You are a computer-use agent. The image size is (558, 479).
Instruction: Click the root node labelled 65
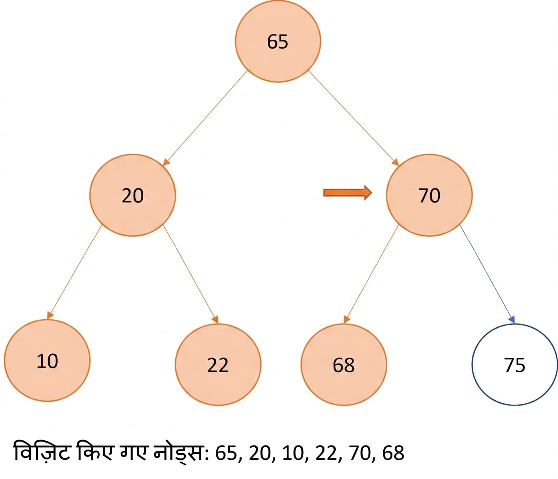278,41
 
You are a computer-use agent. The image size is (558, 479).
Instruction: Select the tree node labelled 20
132,195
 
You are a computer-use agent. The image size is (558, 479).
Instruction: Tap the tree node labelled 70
429,195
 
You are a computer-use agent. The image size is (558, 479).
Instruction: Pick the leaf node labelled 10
47,360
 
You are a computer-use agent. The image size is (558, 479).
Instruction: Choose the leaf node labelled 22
218,364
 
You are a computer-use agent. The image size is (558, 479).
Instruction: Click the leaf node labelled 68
344,364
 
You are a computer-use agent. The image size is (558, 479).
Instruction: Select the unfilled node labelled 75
515,364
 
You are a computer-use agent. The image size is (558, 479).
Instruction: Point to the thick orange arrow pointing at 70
348,193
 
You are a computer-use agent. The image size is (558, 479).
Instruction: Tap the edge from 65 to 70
354,118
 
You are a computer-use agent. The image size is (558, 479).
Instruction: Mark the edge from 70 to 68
371,274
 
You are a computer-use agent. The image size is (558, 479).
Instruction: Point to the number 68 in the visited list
393,453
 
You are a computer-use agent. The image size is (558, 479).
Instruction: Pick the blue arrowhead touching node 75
512,319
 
